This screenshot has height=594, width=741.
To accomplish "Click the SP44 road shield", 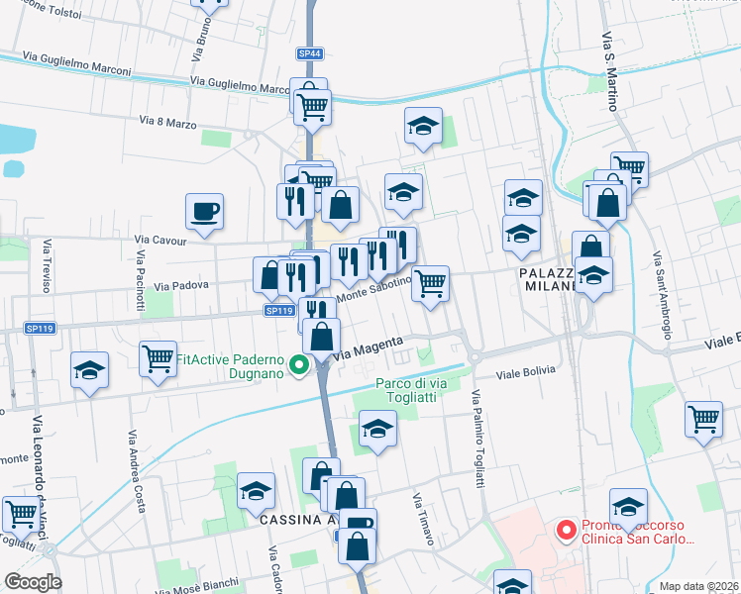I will [x=309, y=53].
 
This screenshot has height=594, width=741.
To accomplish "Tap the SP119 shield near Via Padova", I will [x=279, y=310].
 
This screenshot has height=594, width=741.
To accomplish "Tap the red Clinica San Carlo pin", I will [x=567, y=531].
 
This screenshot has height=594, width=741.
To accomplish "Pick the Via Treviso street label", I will [x=46, y=265].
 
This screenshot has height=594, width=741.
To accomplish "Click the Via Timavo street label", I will [x=424, y=519].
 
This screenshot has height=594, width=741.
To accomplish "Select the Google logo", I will [x=33, y=582].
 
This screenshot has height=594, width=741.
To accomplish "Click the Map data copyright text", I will [x=697, y=586].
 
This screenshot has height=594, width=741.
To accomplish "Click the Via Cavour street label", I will [x=161, y=240].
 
